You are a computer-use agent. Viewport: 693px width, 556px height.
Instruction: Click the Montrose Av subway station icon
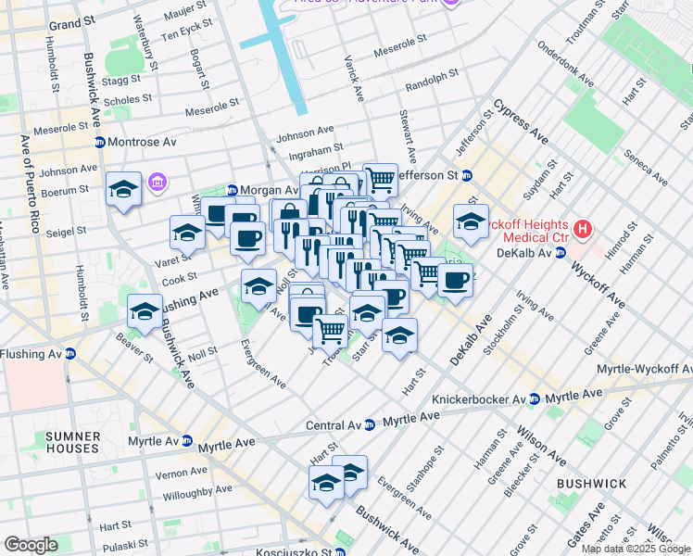[99, 142]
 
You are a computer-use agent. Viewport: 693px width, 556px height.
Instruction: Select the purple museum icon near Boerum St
[155, 180]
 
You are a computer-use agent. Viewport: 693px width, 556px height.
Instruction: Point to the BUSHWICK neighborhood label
[591, 484]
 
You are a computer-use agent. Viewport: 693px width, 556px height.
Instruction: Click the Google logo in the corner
[31, 545]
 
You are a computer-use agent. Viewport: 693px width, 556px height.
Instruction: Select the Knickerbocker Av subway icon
[534, 398]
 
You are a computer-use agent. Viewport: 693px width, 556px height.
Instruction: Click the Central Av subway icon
[370, 424]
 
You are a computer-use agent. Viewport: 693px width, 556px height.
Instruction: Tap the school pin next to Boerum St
[123, 190]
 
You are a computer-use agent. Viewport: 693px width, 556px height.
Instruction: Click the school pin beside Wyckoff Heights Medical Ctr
[471, 222]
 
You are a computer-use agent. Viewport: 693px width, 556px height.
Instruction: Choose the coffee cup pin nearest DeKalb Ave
[454, 281]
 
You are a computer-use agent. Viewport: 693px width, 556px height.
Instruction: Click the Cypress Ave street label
[520, 121]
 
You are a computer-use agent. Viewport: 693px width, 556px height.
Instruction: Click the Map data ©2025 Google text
[636, 548]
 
